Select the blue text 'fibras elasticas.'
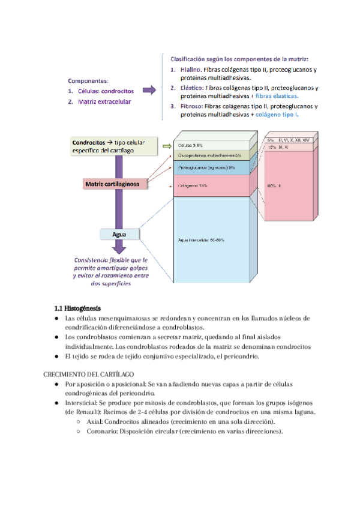tap(277, 95)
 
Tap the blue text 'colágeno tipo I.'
tap(277, 114)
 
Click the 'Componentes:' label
tap(88, 80)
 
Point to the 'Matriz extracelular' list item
tap(104, 102)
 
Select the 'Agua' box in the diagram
tap(119, 233)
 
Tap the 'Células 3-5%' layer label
tap(191, 145)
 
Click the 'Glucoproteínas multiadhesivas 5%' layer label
tap(209, 155)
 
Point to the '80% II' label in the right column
tap(274, 186)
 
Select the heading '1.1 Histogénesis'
tap(77, 307)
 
